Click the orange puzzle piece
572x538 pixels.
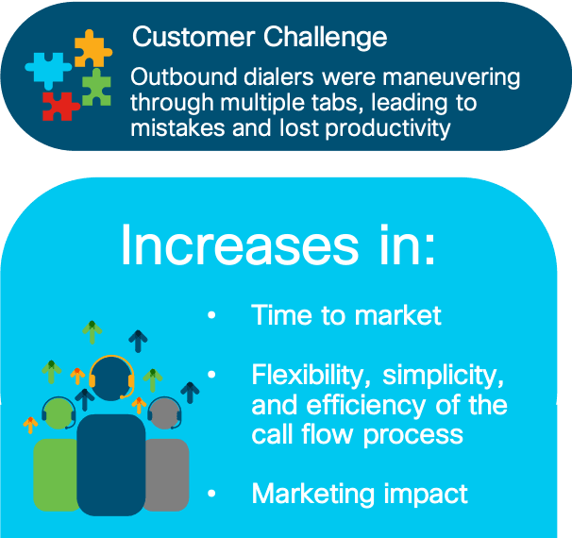93,49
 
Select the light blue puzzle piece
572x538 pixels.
48,69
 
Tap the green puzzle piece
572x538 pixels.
96,88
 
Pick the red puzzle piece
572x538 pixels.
60,106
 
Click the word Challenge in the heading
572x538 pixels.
325,39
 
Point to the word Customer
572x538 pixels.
193,37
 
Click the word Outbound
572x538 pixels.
184,76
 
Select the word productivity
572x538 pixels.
388,129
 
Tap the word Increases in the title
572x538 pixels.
240,244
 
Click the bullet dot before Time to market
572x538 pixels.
211,314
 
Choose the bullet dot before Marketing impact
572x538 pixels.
211,494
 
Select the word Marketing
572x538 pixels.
313,495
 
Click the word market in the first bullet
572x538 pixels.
398,315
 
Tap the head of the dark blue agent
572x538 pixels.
111,378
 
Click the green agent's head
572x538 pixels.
59,413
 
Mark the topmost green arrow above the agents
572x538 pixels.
92,332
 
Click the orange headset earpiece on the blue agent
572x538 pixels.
131,380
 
